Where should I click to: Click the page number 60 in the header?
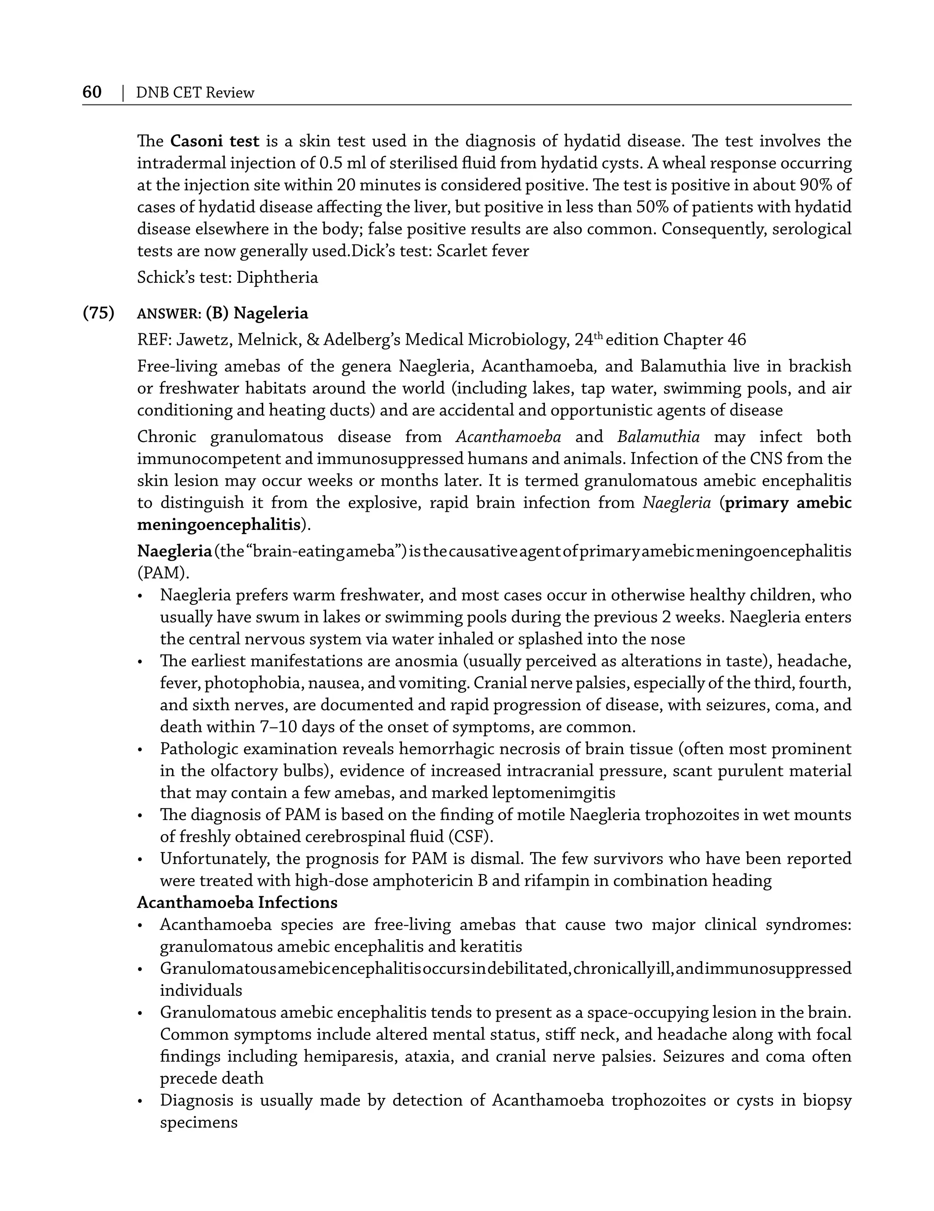pos(92,92)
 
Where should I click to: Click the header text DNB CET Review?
pos(195,93)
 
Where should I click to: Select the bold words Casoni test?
pos(214,141)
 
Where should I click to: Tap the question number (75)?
pos(98,313)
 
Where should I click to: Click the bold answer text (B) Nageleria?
pos(257,313)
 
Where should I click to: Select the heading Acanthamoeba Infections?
pos(237,903)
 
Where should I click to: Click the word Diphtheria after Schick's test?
pos(277,277)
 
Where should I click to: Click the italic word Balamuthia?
pos(658,437)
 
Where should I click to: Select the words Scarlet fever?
pos(482,251)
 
